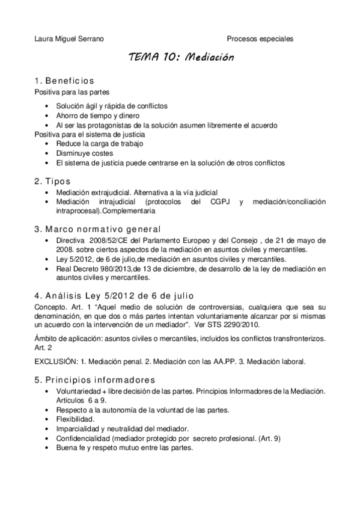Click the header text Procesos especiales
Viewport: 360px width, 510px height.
(260, 38)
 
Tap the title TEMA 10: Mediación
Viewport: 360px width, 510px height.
(180, 58)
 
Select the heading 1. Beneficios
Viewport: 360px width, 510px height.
(64, 81)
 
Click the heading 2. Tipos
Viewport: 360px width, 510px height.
(53, 180)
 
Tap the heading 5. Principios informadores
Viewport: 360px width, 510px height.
(95, 380)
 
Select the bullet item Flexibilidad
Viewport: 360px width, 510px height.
(75, 418)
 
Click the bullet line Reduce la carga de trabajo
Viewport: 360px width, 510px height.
(97, 144)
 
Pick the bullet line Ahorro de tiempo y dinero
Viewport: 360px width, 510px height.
(98, 115)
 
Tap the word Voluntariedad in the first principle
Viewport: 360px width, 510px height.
(80, 391)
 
